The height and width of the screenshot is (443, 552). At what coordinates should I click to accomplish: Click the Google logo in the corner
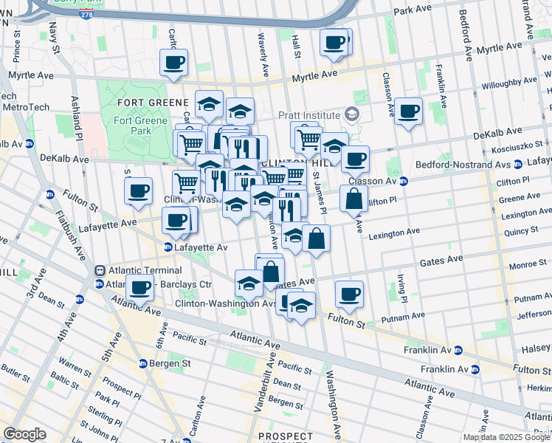tap(24, 434)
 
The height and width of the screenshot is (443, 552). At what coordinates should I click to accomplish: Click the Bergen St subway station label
tap(165, 363)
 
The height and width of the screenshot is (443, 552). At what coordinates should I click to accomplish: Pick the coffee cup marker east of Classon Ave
tap(408, 111)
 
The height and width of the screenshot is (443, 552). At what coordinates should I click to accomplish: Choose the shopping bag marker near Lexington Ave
tap(316, 238)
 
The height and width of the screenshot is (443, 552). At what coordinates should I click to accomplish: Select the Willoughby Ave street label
tap(509, 83)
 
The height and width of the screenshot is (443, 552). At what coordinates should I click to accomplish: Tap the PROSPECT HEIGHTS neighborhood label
tap(286, 437)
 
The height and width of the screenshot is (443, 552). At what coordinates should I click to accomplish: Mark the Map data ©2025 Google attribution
tap(506, 437)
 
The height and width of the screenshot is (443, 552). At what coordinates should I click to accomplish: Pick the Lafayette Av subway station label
tap(201, 247)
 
